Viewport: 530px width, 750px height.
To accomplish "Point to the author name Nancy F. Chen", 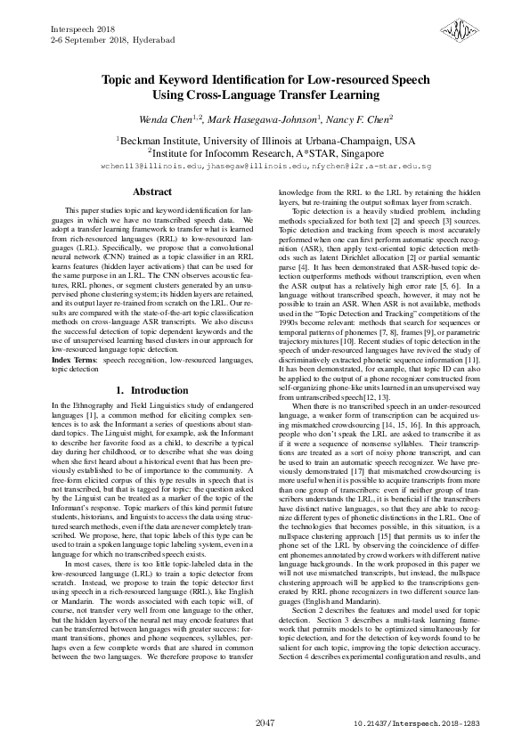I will click(x=363, y=118).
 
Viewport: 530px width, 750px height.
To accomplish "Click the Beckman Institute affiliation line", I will click(x=265, y=141).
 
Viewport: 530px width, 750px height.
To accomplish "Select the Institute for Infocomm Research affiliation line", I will click(x=265, y=153).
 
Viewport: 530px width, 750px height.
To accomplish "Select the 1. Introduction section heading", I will click(x=152, y=391).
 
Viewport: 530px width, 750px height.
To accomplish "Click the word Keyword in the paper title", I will click(x=189, y=78).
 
